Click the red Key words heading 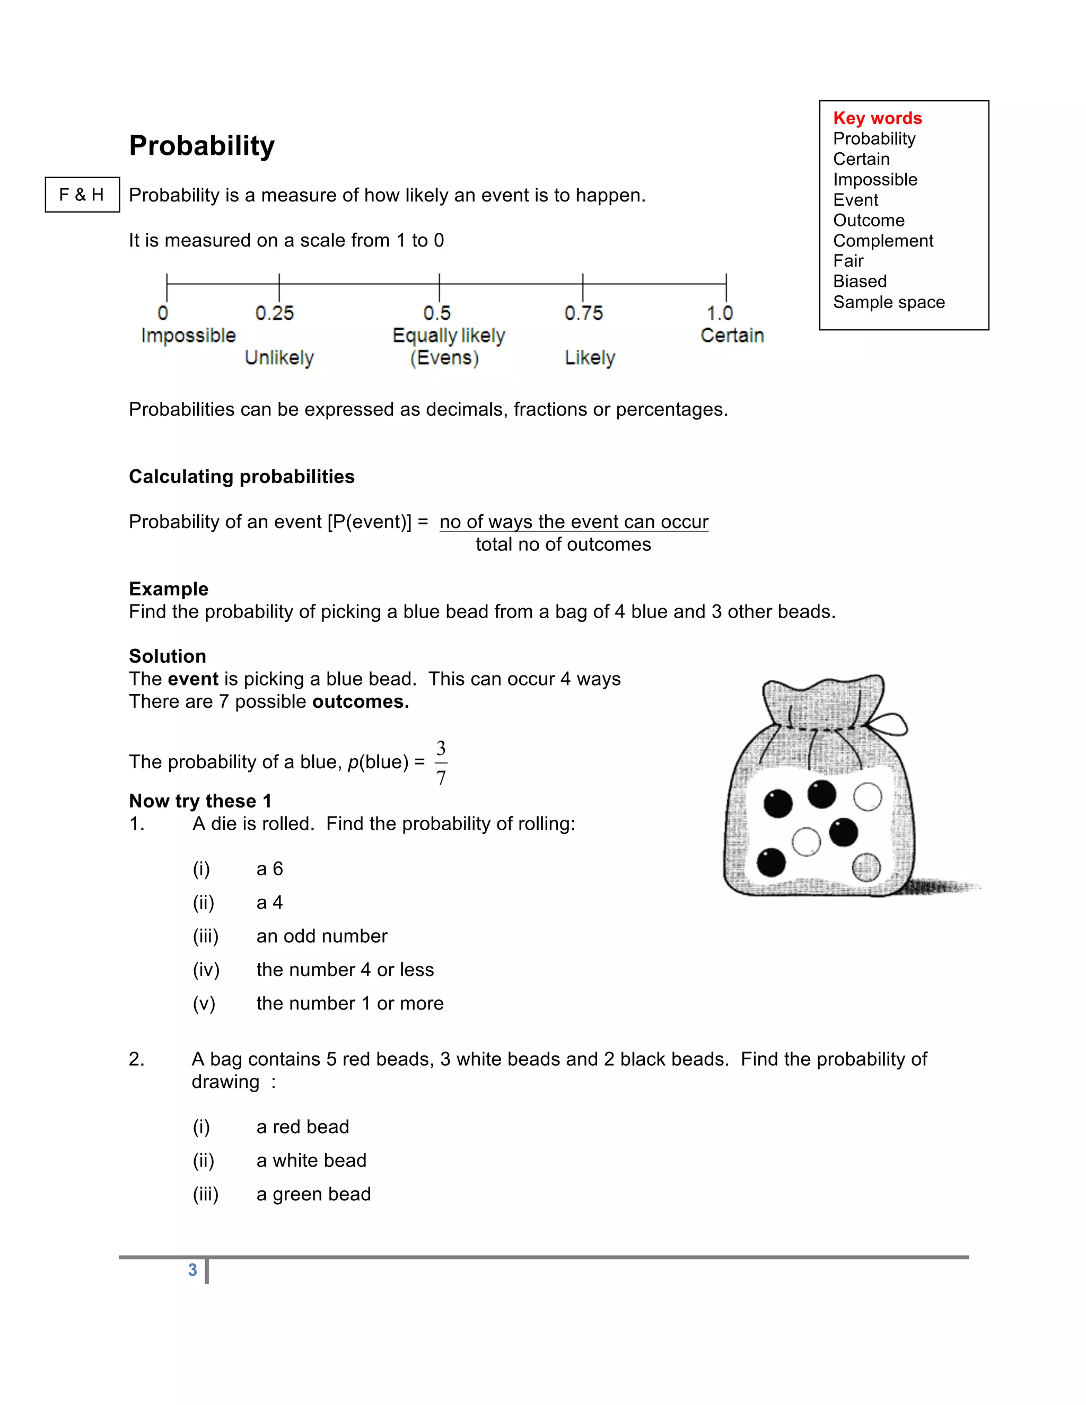click(x=877, y=118)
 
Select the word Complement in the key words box click(x=883, y=241)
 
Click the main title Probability click(x=202, y=146)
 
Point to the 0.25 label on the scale click(x=274, y=313)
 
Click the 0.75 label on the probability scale click(x=583, y=313)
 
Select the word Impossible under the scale click(x=188, y=336)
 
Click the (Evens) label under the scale click(x=444, y=358)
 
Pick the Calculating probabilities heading click(x=241, y=477)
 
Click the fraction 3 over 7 click(x=441, y=763)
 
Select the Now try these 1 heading click(x=200, y=801)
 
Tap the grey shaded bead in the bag click(x=866, y=867)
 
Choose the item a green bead click(x=313, y=1194)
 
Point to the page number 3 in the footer click(x=192, y=1270)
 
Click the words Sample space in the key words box click(x=889, y=302)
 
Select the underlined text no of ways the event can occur click(x=574, y=522)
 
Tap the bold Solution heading click(x=167, y=656)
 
